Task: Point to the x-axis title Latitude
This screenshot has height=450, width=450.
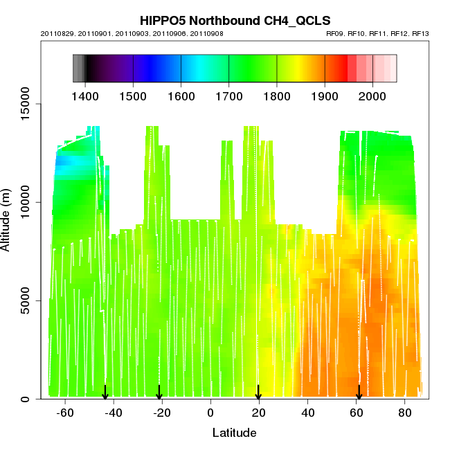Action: point(234,433)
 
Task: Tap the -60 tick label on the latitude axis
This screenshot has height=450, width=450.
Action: point(65,413)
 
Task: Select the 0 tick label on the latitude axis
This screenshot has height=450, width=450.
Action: point(210,413)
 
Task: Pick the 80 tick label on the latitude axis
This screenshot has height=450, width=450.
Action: point(404,413)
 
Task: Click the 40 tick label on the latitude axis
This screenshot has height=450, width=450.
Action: point(307,413)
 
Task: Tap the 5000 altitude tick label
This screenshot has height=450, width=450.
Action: point(27,300)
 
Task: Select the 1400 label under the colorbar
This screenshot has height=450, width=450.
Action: point(85,94)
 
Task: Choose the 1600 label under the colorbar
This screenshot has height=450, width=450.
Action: point(181,94)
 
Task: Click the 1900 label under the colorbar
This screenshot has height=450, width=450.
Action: point(325,94)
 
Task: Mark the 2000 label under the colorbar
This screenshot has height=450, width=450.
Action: point(372,94)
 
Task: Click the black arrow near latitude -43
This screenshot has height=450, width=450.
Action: point(105,393)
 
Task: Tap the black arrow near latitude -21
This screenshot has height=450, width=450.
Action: point(159,393)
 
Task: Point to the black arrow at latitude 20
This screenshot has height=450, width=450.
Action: point(258,393)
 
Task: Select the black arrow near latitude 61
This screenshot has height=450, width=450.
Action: point(359,393)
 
